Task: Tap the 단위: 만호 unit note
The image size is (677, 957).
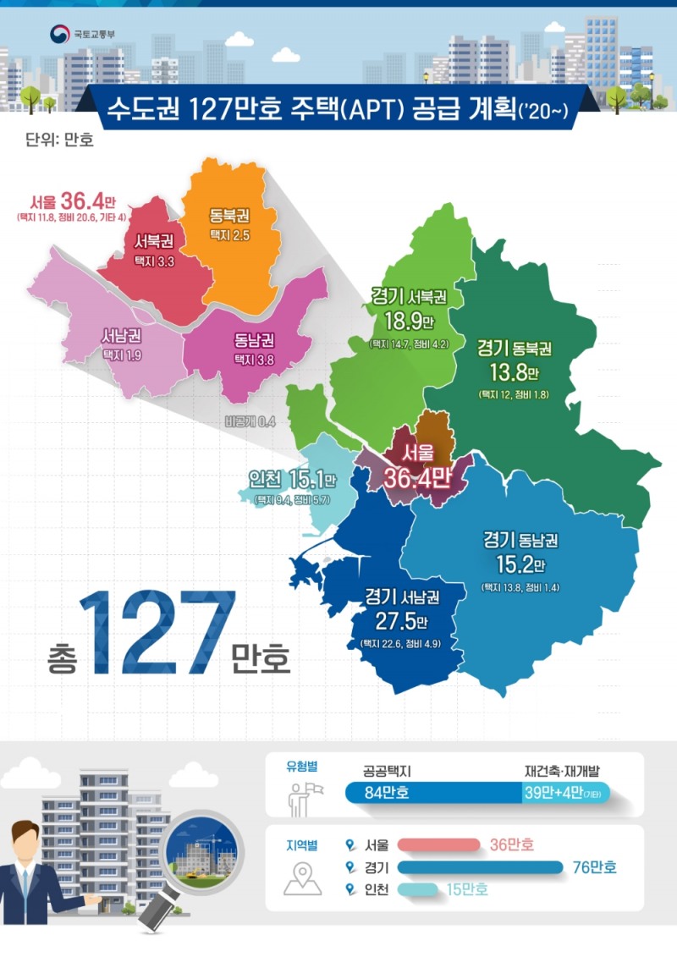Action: tap(60, 139)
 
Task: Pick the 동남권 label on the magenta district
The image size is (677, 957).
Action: tap(253, 344)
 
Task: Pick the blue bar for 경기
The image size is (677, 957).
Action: tap(479, 866)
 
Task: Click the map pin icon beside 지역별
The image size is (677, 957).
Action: tap(302, 879)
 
